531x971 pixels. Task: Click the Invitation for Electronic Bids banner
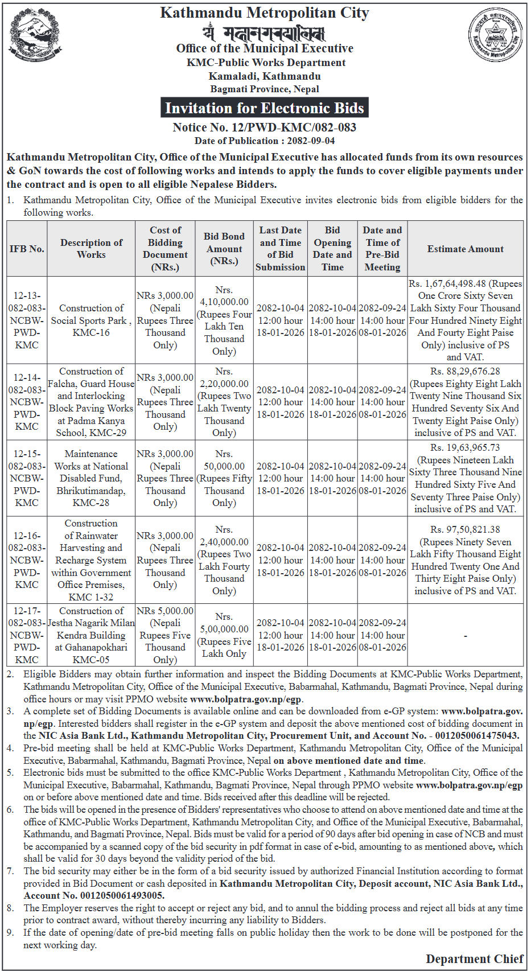(x=264, y=108)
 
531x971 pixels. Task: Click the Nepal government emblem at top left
(x=35, y=34)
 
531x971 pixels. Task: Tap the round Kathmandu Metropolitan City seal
(x=495, y=35)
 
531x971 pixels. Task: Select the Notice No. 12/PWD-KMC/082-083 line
(x=264, y=127)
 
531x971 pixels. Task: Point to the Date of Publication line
(x=264, y=141)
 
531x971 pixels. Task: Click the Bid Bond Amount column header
(x=224, y=249)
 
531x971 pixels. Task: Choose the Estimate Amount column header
(x=465, y=249)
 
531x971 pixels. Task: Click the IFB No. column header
(x=27, y=249)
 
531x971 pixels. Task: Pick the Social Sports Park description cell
(x=91, y=320)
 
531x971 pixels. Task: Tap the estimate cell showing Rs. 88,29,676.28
(x=465, y=402)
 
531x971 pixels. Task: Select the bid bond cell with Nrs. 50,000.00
(x=224, y=478)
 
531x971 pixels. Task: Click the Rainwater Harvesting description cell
(x=91, y=560)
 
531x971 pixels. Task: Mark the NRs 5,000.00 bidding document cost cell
(x=165, y=635)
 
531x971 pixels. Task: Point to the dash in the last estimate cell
(x=465, y=635)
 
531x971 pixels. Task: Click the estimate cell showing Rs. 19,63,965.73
(x=465, y=478)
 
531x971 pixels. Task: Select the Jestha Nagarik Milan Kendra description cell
(x=91, y=635)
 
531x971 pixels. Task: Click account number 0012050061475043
(x=477, y=736)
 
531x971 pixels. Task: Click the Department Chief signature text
(x=474, y=959)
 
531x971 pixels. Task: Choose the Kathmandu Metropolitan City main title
(x=264, y=13)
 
